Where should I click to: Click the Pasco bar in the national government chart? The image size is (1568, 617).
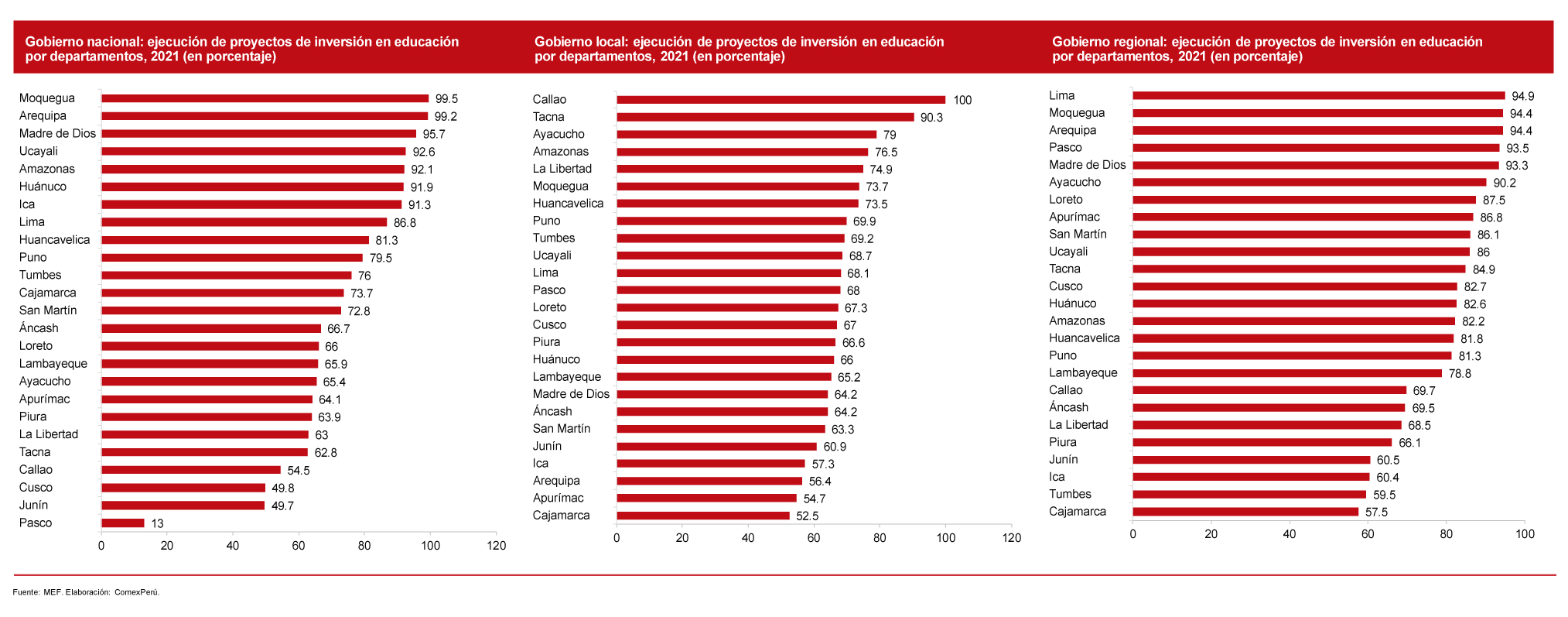[123, 523]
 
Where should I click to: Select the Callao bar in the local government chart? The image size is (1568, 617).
[781, 100]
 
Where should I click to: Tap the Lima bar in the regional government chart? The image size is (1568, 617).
[1318, 96]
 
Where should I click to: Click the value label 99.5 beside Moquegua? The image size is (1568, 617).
[446, 99]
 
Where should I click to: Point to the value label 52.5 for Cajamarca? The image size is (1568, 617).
[807, 516]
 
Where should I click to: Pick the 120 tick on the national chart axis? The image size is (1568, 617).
[496, 546]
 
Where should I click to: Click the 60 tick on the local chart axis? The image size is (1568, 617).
[814, 538]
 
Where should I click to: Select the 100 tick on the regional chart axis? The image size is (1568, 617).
[1525, 534]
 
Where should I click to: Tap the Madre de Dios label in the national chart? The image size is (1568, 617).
[57, 134]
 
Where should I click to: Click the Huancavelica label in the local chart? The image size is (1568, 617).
[568, 204]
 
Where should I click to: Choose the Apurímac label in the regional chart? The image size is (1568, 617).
[1074, 218]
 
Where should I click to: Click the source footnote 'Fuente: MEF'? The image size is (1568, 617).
[86, 592]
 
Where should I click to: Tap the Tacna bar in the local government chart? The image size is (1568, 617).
[765, 118]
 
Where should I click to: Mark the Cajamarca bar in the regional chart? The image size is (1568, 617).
[1245, 512]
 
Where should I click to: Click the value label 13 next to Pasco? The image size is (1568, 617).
[157, 524]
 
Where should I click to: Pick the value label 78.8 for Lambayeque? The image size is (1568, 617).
[1460, 374]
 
